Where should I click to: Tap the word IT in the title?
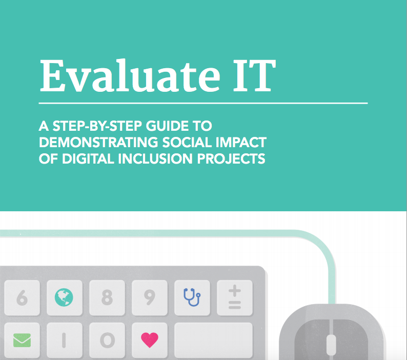pyautogui.click(x=254, y=75)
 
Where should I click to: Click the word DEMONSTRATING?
pyautogui.click(x=98, y=143)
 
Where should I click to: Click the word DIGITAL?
pyautogui.click(x=88, y=158)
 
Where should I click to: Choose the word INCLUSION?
pyautogui.click(x=155, y=158)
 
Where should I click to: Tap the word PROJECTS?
pyautogui.click(x=231, y=158)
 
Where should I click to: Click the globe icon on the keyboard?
pyautogui.click(x=64, y=297)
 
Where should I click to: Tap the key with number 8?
pyautogui.click(x=107, y=297)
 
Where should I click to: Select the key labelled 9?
pyautogui.click(x=150, y=297)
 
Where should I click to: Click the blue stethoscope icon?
pyautogui.click(x=192, y=297)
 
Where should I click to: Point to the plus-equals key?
pyautogui.click(x=235, y=297)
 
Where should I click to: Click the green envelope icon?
pyautogui.click(x=22, y=341)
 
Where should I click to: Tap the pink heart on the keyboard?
pyautogui.click(x=150, y=339)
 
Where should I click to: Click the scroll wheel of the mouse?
pyautogui.click(x=331, y=345)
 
